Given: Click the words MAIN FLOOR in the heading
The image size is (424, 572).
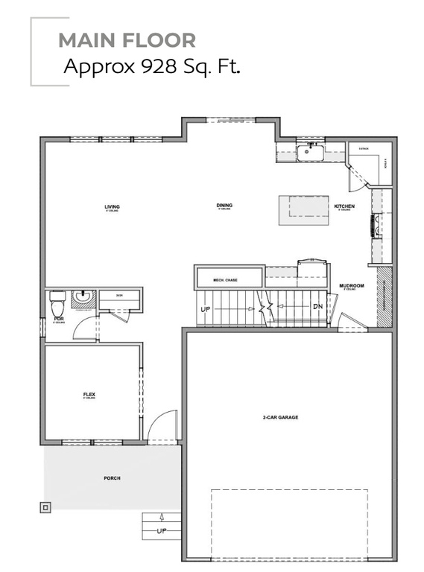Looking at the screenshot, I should (x=127, y=39).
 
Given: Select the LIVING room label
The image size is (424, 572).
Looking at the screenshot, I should (x=113, y=206).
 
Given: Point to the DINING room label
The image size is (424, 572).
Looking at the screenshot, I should (x=224, y=206).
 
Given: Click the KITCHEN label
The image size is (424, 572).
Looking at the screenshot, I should (x=344, y=206).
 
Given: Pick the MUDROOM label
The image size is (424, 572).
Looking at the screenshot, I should (x=351, y=286).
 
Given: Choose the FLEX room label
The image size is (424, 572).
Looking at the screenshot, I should (x=89, y=394).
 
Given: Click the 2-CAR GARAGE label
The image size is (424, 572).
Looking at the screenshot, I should (x=280, y=417).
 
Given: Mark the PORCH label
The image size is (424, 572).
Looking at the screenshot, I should (x=113, y=478).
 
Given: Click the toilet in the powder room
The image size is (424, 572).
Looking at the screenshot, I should (x=57, y=304).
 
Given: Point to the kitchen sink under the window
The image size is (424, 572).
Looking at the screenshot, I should (x=309, y=153).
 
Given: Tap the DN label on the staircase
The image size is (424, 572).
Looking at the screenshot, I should (x=317, y=306).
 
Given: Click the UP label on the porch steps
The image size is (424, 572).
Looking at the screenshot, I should (x=162, y=531).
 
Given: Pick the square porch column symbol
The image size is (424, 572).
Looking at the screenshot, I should (x=46, y=508).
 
